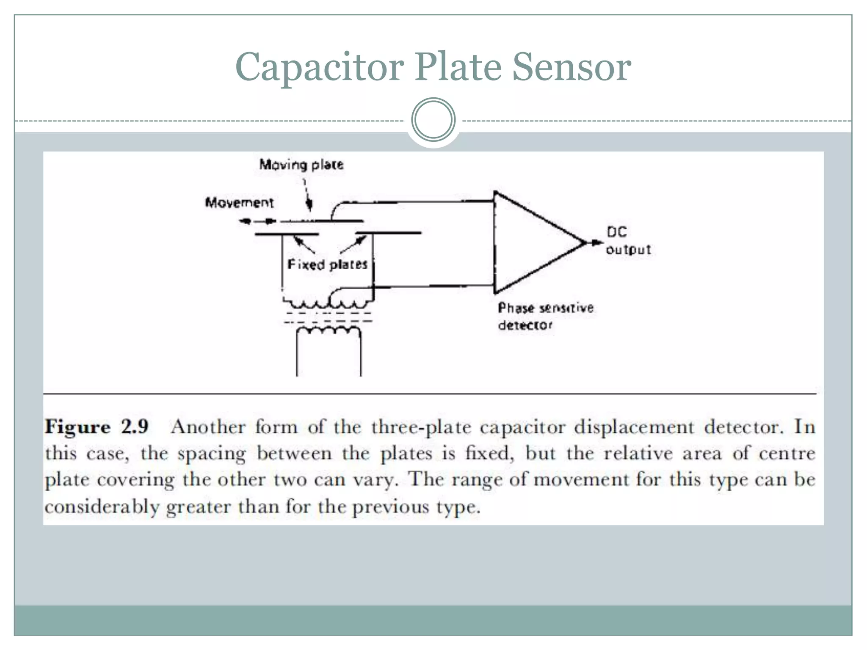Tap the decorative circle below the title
(x=433, y=120)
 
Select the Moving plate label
(x=301, y=165)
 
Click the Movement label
(x=240, y=203)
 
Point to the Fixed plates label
(x=327, y=264)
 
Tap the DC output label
(x=628, y=241)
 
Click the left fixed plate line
(x=286, y=234)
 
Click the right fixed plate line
(x=388, y=233)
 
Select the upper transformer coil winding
(x=329, y=304)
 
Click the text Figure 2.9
(x=97, y=426)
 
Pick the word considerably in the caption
(x=102, y=506)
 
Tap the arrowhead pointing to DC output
(x=597, y=242)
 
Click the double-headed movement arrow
(x=257, y=221)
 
